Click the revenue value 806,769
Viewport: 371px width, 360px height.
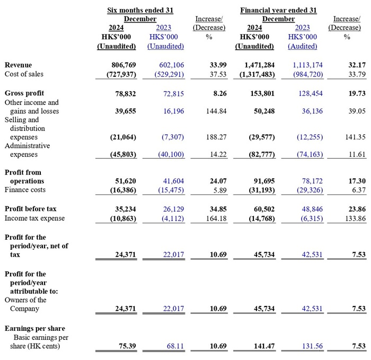[x=123, y=65]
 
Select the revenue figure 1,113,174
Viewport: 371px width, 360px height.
[x=307, y=65]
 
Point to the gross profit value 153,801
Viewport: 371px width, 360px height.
[x=262, y=94]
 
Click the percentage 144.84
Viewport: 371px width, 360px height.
[x=216, y=111]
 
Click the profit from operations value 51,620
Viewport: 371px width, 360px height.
[x=126, y=181]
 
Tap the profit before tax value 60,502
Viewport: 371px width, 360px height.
[x=264, y=209]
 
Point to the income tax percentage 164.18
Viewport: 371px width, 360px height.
[x=216, y=219]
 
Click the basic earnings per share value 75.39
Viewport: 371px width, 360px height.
[x=127, y=346]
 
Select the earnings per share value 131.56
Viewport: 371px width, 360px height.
[x=312, y=346]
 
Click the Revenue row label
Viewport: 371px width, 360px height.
[x=18, y=65]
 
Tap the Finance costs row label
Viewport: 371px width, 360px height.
[x=25, y=190]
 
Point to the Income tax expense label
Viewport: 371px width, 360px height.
[x=34, y=218]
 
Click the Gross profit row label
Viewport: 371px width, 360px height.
[x=24, y=93]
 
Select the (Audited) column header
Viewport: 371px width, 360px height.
[x=303, y=47]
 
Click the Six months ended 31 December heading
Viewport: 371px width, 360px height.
[x=140, y=14]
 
